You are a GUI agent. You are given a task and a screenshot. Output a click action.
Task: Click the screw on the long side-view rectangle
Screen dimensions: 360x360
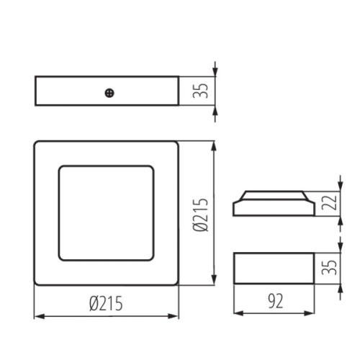109,91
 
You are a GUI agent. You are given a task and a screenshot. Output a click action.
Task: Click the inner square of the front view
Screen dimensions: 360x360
107,214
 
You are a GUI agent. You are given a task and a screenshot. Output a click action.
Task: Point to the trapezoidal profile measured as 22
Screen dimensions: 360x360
274,203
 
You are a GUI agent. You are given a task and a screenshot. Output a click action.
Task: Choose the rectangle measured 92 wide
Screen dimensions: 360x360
274,270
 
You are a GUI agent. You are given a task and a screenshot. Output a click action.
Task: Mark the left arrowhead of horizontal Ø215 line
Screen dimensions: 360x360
37,315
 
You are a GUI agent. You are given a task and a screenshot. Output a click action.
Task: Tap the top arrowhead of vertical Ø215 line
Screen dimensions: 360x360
214,145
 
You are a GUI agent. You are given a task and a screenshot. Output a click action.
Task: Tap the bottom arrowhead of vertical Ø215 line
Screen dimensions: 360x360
214,283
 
